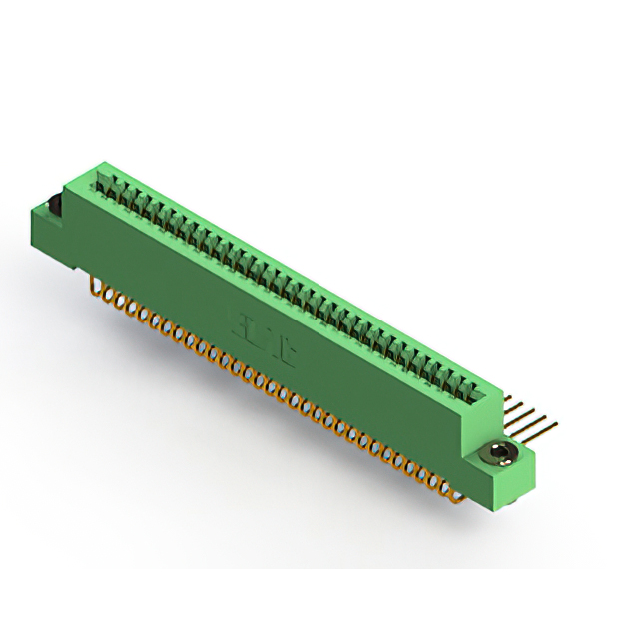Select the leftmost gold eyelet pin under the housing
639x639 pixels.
tap(97, 289)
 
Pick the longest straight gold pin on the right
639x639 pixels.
tap(528, 429)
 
